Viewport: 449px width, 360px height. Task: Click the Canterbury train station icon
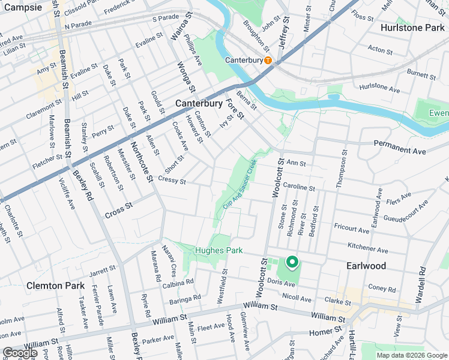[268, 60]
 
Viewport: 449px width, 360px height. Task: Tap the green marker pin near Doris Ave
[292, 262]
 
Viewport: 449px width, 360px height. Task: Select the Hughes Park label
[217, 250]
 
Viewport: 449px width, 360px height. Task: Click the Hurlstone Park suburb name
[414, 27]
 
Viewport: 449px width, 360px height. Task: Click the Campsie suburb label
[22, 8]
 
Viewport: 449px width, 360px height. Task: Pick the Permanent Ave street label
[400, 147]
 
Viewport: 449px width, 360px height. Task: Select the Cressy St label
[172, 181]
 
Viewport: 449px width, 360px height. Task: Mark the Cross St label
[118, 211]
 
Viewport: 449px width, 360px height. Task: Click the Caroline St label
[299, 188]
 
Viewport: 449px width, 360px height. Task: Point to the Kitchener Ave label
[368, 248]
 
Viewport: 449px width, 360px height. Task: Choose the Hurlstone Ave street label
[379, 89]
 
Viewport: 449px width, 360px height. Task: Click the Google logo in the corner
[20, 353]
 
